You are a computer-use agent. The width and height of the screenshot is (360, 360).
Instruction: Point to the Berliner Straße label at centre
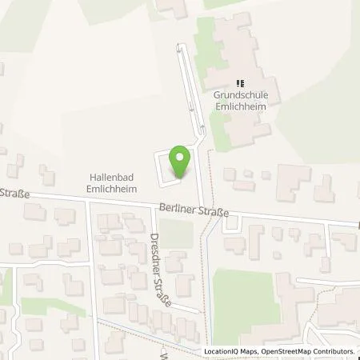click(x=194, y=211)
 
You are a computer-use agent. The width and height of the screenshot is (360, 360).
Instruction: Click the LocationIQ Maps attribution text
click(x=236, y=351)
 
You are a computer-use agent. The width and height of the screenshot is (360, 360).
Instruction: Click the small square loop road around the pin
click(x=170, y=166)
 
